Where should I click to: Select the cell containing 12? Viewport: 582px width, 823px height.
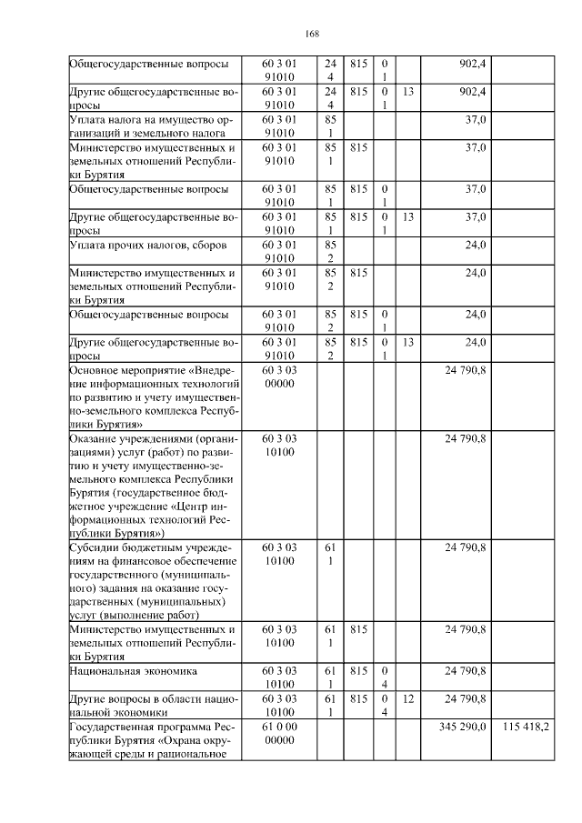[408, 698]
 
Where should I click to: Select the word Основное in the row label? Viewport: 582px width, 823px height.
[95, 370]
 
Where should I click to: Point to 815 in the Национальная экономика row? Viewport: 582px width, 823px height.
[357, 670]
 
